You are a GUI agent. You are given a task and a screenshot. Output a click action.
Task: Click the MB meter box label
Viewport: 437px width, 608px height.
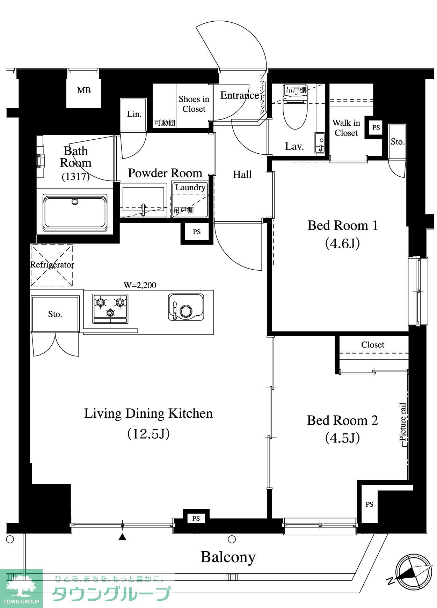tap(84, 91)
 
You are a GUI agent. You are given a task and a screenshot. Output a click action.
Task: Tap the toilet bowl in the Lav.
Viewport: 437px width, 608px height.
tap(296, 111)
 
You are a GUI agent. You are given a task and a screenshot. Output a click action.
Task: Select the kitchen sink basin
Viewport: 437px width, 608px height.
tap(186, 307)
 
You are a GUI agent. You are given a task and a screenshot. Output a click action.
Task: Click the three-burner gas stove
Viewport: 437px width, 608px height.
tap(110, 308)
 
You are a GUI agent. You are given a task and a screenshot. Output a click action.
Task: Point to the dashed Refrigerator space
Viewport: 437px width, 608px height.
tap(52, 265)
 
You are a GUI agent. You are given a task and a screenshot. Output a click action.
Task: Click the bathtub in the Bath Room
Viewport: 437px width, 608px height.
tap(75, 213)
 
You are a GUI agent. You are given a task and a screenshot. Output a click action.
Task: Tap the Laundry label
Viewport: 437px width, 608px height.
tap(190, 188)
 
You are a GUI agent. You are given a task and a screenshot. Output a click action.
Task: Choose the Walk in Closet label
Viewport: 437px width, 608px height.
tap(346, 128)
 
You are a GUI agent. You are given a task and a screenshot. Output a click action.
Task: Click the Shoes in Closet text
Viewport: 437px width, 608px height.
tap(194, 104)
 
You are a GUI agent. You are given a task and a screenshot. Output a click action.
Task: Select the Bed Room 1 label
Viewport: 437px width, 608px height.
tap(343, 226)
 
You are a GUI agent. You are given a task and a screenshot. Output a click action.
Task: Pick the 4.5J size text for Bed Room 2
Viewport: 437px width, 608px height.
tap(342, 438)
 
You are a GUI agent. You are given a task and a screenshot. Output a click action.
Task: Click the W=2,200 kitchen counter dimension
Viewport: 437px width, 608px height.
tap(140, 285)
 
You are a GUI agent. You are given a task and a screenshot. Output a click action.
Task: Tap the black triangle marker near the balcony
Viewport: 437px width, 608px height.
tap(122, 537)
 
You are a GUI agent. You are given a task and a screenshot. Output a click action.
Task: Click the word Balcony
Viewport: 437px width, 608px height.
tap(228, 557)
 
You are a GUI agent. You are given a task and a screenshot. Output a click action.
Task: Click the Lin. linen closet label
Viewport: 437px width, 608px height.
tap(134, 114)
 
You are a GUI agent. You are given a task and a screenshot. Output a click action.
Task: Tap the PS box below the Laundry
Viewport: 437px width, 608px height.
tap(197, 232)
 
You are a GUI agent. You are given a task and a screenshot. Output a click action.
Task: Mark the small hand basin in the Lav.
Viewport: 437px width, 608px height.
tap(320, 142)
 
